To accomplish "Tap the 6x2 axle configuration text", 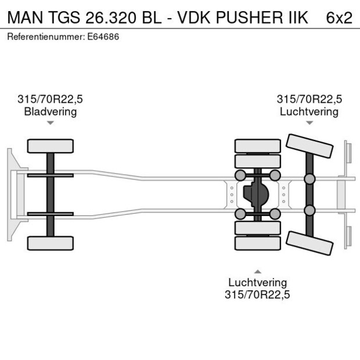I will coord(339,17).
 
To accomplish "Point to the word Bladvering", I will coord(51,111).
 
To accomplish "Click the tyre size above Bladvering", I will coord(51,99).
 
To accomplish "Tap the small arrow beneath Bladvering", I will coord(51,123).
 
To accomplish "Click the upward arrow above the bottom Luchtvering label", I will coord(257,271).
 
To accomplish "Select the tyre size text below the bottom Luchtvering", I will coord(257,294).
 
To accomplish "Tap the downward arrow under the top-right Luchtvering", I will coord(309,123).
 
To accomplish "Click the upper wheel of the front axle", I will coord(51,145).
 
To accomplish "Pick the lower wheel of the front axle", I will coord(51,243).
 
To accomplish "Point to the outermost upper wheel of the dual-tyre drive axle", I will coord(257,145).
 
